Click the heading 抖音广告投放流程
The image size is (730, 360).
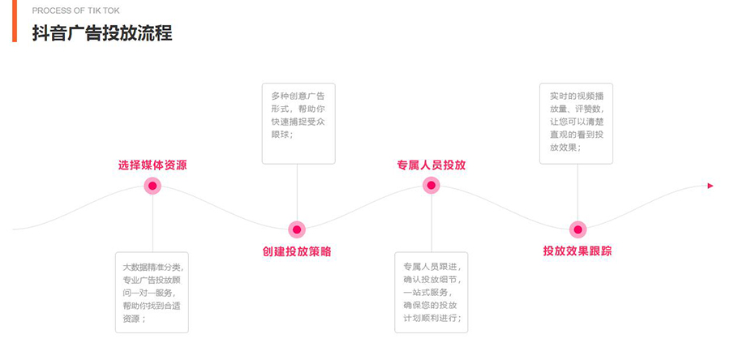coord(102,33)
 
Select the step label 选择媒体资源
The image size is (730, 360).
coord(152,165)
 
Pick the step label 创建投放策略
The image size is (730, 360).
coord(297,251)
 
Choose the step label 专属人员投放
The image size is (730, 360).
coord(432,165)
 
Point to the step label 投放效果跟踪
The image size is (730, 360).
coord(578,251)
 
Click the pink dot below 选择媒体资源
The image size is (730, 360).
coord(152,186)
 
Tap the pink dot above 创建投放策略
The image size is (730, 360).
coord(297,229)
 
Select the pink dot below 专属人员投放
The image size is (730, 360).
coord(432,186)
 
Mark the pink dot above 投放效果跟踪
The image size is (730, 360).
coord(578,229)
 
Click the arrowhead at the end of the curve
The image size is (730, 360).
coord(711,186)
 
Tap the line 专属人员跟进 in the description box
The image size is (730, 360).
coord(431,266)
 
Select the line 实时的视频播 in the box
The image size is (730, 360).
coord(576,96)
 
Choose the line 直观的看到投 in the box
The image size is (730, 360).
coord(576,135)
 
